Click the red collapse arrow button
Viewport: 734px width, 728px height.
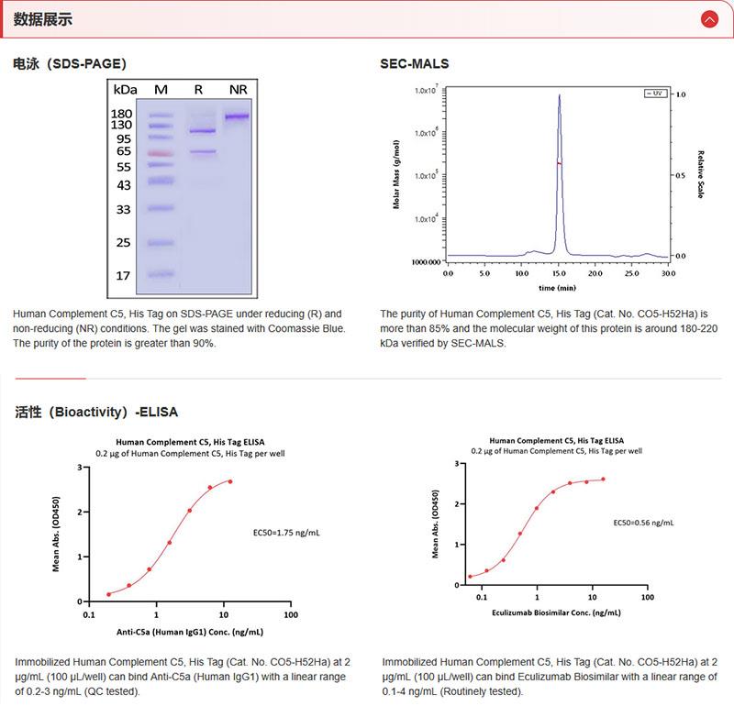tap(708, 19)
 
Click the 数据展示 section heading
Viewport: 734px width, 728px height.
tap(43, 19)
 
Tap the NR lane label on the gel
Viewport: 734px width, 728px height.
tap(238, 89)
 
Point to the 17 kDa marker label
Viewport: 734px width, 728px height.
tap(122, 275)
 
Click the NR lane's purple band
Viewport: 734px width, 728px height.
tap(237, 116)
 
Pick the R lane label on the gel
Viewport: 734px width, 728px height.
tap(198, 89)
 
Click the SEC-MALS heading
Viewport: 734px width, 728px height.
tap(415, 64)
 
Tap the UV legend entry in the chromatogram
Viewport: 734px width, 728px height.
tap(654, 94)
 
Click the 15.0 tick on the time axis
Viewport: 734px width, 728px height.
tap(558, 273)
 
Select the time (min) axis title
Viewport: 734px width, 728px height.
tap(557, 287)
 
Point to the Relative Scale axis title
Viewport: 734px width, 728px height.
tap(700, 174)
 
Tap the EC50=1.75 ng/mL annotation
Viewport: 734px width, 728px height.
tap(287, 532)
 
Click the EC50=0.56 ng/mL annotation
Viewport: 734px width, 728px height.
tap(643, 523)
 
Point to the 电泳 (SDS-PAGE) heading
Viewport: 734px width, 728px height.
tap(70, 64)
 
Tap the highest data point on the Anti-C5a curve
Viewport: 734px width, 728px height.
tap(230, 481)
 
